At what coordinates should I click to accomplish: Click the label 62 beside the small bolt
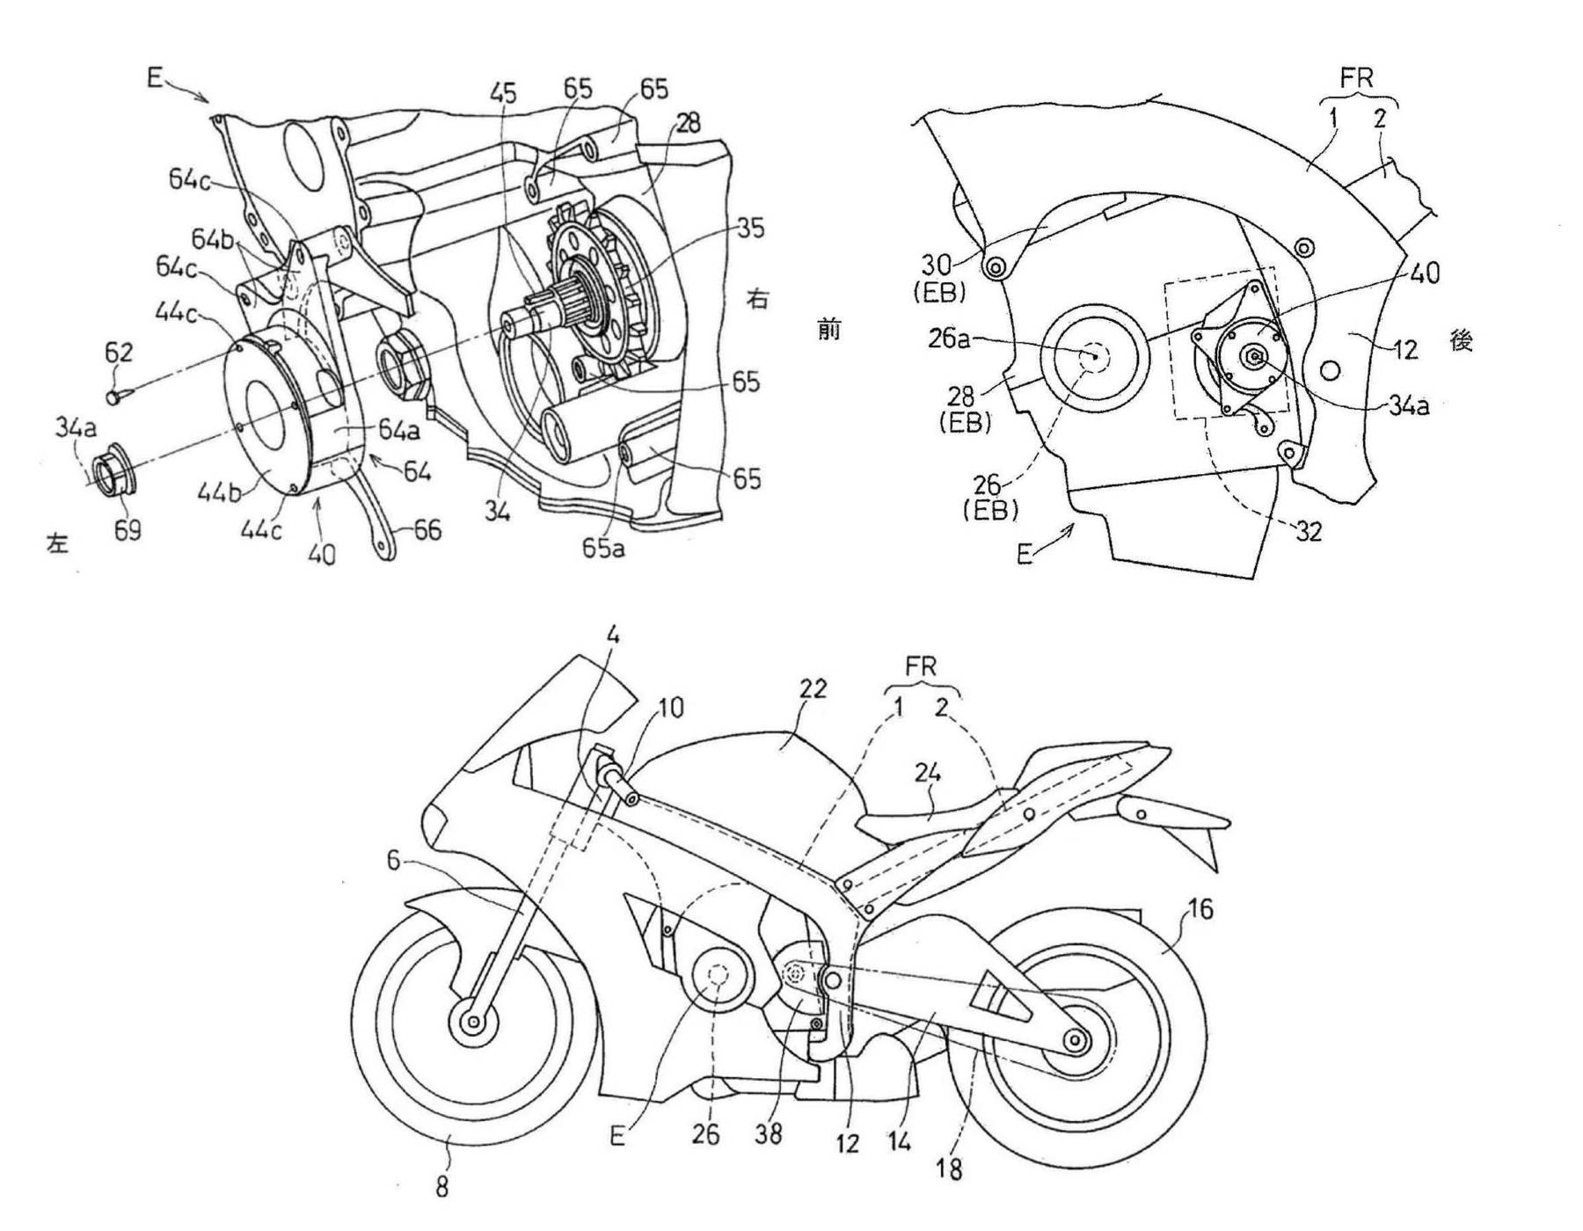(119, 353)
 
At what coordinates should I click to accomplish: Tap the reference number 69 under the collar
(128, 530)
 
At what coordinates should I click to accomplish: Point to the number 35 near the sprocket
(750, 229)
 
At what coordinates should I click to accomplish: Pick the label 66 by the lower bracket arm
(427, 530)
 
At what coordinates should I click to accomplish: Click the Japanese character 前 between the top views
(829, 331)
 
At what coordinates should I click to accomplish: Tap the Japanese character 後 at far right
(1461, 340)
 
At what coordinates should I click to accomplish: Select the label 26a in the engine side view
(948, 338)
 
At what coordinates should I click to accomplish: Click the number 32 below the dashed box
(1309, 531)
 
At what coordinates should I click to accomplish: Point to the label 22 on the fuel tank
(812, 688)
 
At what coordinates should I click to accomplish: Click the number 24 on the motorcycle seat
(928, 773)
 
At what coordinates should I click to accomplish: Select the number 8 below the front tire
(442, 1188)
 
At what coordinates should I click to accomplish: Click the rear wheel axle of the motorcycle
(1074, 1040)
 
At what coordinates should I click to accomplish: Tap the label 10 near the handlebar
(670, 708)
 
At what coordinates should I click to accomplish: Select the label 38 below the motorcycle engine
(768, 1134)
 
